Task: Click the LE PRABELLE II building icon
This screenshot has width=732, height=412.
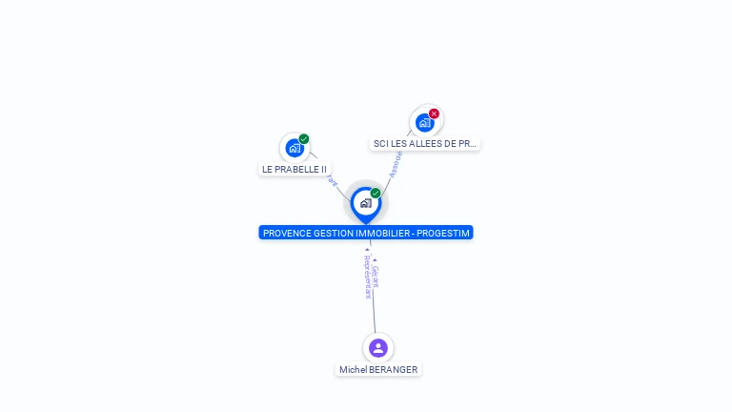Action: (x=295, y=148)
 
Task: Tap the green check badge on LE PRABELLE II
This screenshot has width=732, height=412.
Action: (x=304, y=139)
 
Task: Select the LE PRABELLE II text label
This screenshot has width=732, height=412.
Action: (x=295, y=169)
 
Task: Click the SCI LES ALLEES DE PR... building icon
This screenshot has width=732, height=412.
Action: (x=425, y=122)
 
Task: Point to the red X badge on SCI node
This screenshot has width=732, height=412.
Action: (x=435, y=113)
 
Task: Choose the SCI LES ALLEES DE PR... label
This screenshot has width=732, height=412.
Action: (x=425, y=143)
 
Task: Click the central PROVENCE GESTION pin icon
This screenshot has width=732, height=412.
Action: (x=366, y=203)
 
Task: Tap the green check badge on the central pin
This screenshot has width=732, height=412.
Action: (x=376, y=194)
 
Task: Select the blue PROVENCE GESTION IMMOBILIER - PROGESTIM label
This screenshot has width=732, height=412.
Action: (x=366, y=233)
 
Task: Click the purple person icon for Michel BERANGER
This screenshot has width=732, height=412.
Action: (x=378, y=347)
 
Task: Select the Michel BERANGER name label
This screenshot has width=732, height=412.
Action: (x=378, y=369)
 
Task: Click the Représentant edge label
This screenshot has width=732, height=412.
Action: (x=367, y=277)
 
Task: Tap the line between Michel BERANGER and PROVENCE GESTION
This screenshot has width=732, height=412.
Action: (x=373, y=310)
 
